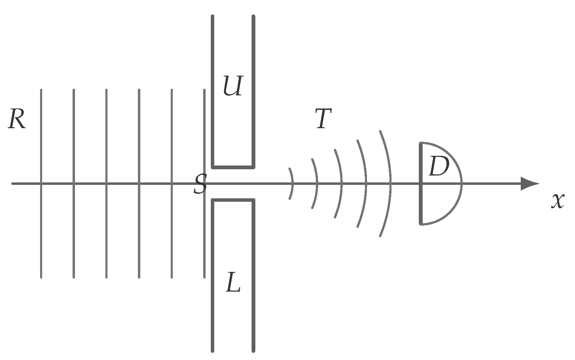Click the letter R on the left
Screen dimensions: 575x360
[x=17, y=119]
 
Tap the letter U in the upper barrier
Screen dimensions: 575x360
[x=233, y=86]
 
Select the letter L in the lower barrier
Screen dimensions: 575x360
[x=233, y=282]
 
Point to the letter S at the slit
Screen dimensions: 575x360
[x=200, y=184]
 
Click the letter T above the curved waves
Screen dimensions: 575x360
[x=323, y=118]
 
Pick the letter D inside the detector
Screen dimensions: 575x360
[x=439, y=166]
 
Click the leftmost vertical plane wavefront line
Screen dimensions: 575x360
[x=41, y=184]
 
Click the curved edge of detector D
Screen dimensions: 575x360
[x=462, y=184]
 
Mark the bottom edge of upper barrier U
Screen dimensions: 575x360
[x=233, y=168]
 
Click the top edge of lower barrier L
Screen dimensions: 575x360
[x=233, y=200]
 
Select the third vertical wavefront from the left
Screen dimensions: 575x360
[x=106, y=184]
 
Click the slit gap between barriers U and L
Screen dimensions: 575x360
[x=233, y=184]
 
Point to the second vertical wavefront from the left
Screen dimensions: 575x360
[x=74, y=184]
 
